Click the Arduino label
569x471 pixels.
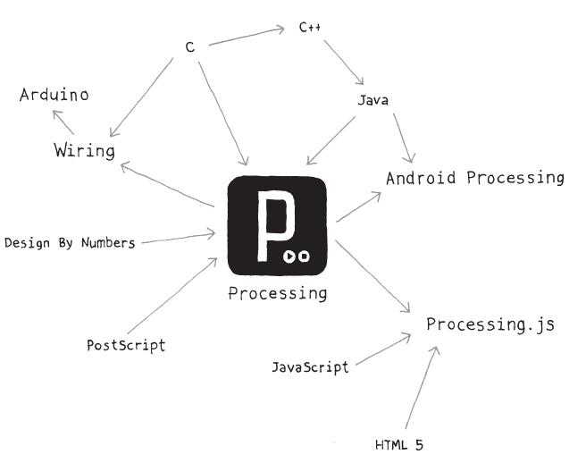click(x=54, y=95)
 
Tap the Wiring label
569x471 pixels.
click(x=85, y=150)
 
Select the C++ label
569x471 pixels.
click(x=310, y=27)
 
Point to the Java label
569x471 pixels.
click(x=373, y=100)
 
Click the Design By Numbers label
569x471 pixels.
click(x=70, y=242)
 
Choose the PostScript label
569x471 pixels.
click(x=126, y=345)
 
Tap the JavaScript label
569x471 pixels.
click(x=310, y=367)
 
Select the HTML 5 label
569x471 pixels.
click(x=399, y=445)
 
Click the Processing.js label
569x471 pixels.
click(x=490, y=324)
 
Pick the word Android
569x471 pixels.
click(x=421, y=178)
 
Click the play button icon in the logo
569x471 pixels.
click(x=289, y=257)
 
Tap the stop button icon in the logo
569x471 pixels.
click(x=304, y=257)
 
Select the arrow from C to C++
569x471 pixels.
click(x=247, y=37)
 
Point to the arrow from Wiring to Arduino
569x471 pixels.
click(x=63, y=122)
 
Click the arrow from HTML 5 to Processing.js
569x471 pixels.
click(x=422, y=388)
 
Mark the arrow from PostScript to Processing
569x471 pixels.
click(x=172, y=296)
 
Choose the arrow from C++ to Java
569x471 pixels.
click(x=344, y=63)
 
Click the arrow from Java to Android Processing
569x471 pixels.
click(x=404, y=138)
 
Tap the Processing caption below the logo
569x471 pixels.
click(x=278, y=293)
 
